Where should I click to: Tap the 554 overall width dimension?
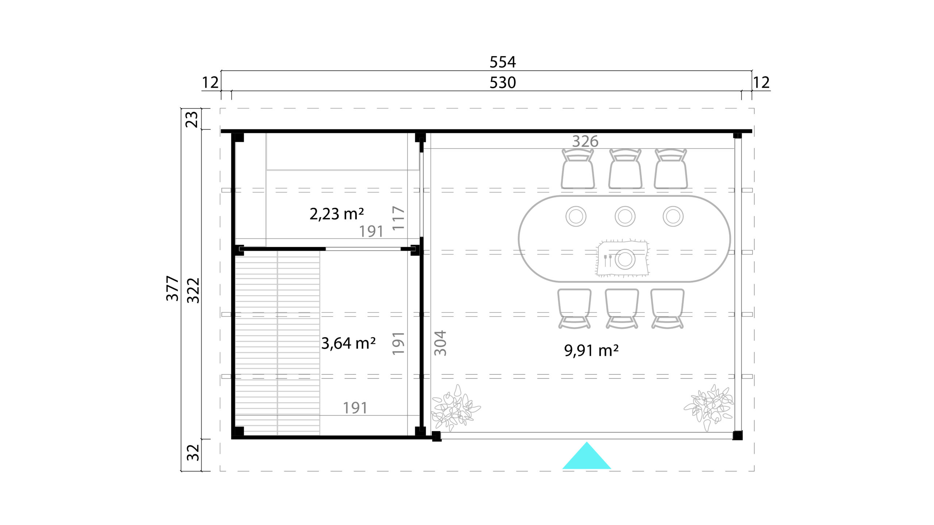[x=502, y=62]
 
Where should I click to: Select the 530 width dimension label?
[x=502, y=83]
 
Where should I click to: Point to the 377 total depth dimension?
[x=173, y=288]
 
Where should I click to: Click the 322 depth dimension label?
[x=193, y=290]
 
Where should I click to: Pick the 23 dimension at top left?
[x=192, y=119]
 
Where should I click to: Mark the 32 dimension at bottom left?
[x=193, y=452]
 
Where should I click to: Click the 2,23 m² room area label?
[x=336, y=214]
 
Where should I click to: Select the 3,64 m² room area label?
[x=348, y=343]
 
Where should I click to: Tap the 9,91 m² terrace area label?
[x=591, y=350]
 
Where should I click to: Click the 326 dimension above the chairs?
[x=585, y=141]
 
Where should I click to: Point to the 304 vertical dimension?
[x=440, y=343]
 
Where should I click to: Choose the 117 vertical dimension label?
[x=398, y=218]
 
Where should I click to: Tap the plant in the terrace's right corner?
[x=709, y=407]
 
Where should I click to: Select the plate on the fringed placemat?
[x=625, y=259]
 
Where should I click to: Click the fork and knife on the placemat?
[x=607, y=260]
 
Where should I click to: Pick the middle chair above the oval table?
[x=625, y=169]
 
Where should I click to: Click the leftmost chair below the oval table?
[x=574, y=308]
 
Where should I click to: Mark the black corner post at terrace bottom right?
[x=737, y=435]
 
